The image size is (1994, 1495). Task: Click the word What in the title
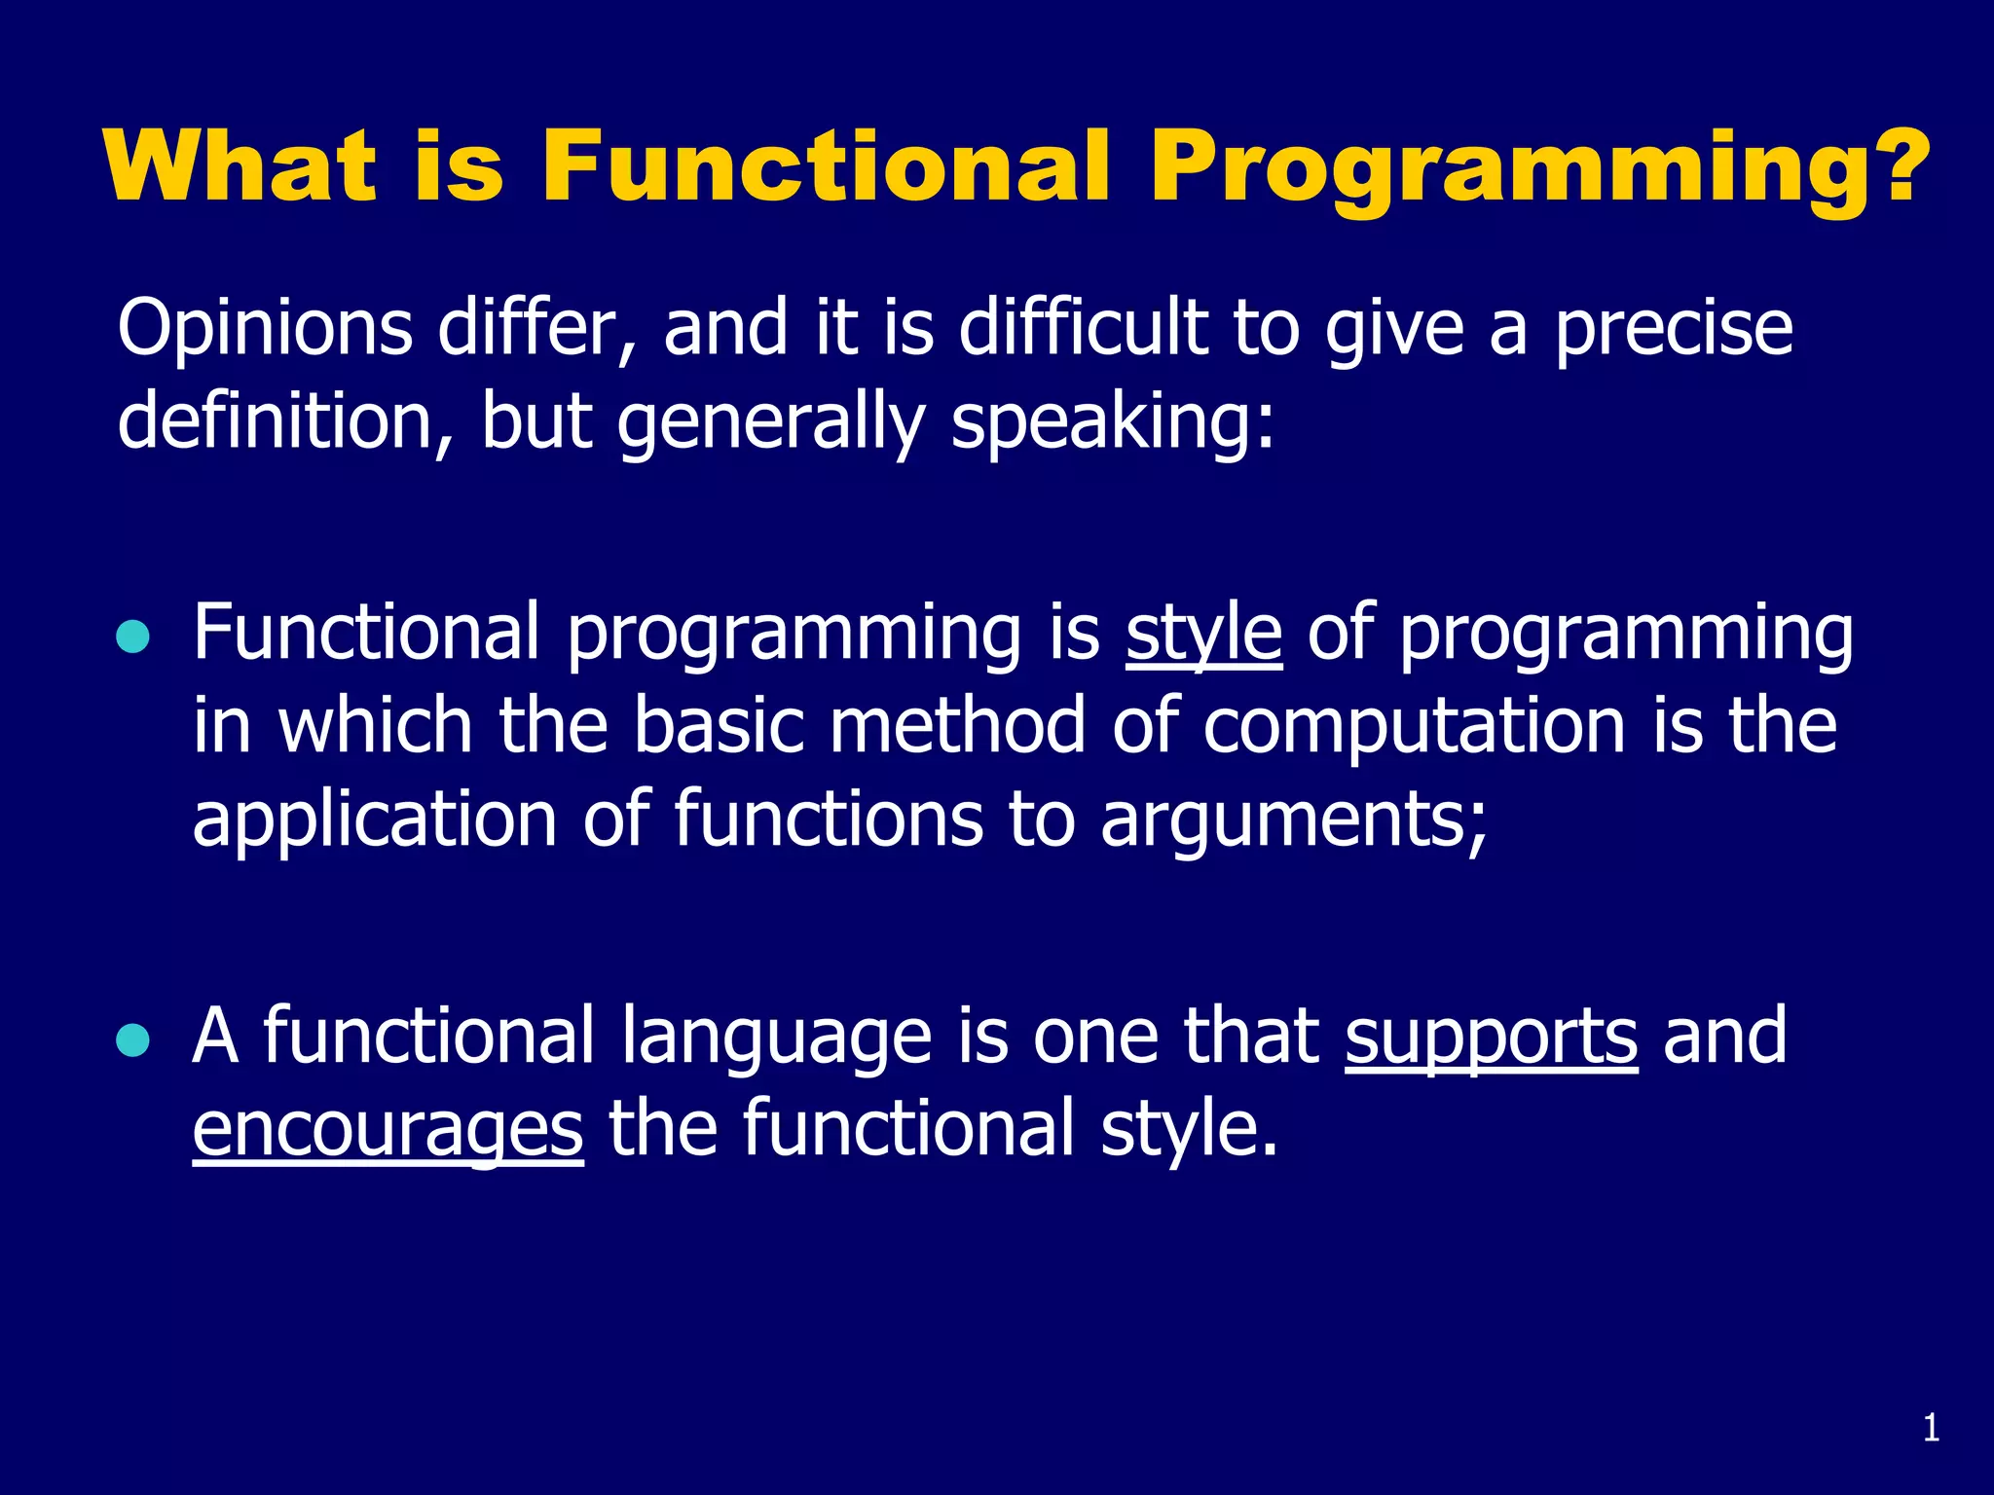point(240,166)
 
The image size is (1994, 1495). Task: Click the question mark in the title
point(1893,166)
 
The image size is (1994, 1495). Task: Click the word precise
point(1672,329)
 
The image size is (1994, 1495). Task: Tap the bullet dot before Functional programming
point(133,637)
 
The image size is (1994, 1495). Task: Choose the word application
point(374,820)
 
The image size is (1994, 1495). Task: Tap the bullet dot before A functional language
point(133,1040)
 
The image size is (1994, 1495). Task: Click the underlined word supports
point(1491,1038)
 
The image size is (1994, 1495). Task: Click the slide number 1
point(1932,1429)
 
